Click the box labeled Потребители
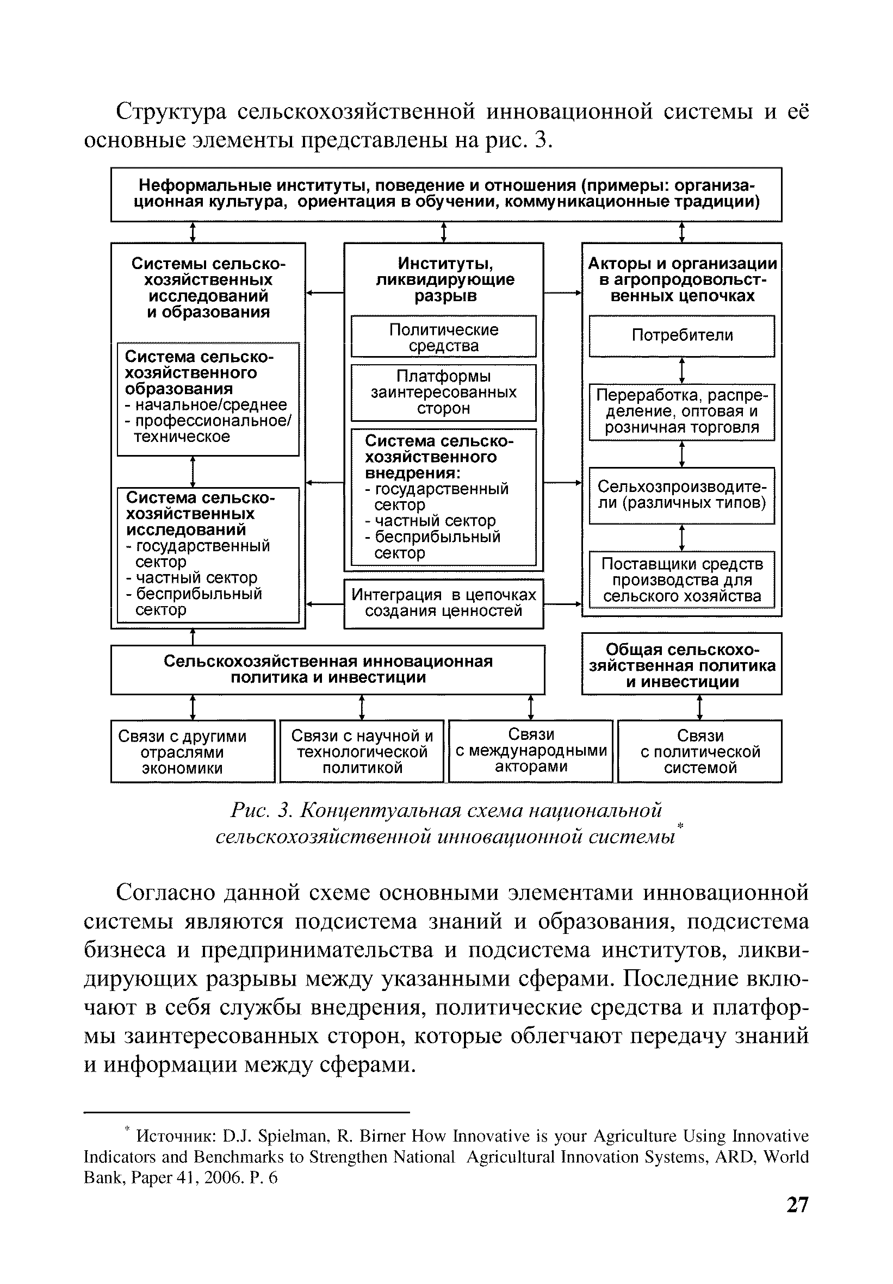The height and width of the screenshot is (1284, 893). coord(681,335)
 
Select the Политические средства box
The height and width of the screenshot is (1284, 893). coord(443,337)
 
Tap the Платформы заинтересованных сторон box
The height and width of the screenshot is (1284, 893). coord(443,392)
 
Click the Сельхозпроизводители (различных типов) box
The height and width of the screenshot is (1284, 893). coord(681,495)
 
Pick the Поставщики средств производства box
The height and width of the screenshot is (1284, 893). coord(681,579)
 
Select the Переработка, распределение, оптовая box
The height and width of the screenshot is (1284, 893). coord(681,412)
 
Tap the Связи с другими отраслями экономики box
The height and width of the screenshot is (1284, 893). coord(193,752)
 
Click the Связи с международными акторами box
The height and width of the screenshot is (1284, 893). coord(530,751)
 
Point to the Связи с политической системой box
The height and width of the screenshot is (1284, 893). coord(699,751)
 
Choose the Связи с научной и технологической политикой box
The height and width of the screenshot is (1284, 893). coord(362,751)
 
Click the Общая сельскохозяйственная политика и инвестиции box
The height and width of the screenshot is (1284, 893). coord(681,665)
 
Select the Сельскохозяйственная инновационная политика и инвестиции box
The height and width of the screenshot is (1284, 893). coord(328,669)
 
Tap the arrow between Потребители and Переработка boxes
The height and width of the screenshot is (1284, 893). coord(681,370)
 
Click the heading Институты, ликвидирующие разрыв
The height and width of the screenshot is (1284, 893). coord(444,279)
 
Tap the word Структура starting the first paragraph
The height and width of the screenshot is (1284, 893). coord(171,112)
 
